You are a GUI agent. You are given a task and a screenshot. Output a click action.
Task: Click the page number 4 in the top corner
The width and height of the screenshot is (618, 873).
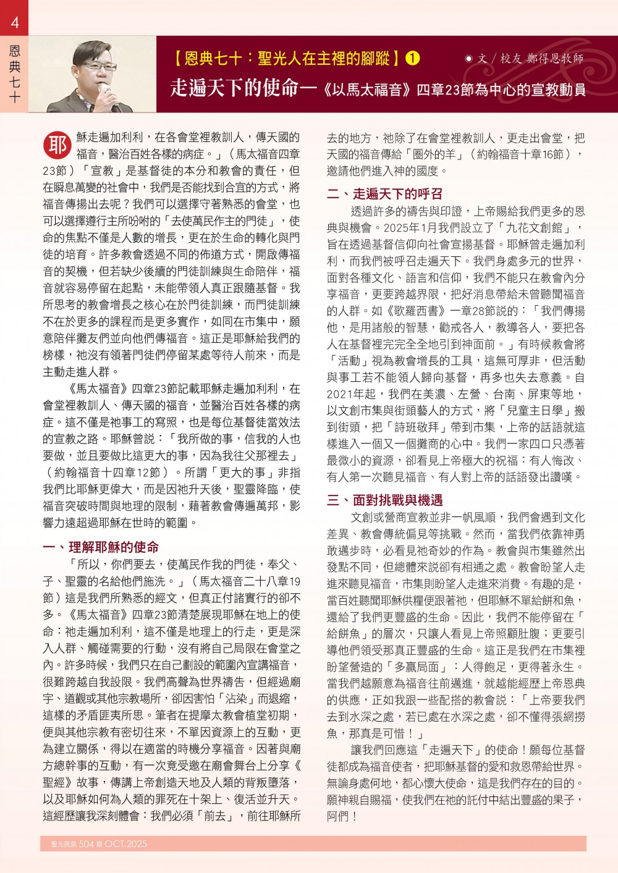pyautogui.click(x=15, y=23)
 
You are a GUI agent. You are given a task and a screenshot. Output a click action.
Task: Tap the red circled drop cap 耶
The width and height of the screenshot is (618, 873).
pyautogui.click(x=57, y=146)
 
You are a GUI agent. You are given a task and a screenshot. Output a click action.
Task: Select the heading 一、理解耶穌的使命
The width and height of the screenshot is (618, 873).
pyautogui.click(x=101, y=547)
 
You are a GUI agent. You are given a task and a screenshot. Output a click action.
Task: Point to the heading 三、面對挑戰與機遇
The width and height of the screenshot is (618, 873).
pyautogui.click(x=384, y=500)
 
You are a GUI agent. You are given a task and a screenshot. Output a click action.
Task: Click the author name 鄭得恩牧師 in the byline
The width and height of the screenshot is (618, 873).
pyautogui.click(x=555, y=59)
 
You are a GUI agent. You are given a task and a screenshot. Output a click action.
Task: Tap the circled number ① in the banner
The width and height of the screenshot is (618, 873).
pyautogui.click(x=412, y=59)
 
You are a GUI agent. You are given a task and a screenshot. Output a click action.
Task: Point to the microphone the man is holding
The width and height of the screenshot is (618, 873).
pyautogui.click(x=110, y=93)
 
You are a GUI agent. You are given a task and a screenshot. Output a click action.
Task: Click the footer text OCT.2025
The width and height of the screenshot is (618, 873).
pyautogui.click(x=126, y=844)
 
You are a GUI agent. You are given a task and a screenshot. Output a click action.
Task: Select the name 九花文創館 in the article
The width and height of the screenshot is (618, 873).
pyautogui.click(x=535, y=227)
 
